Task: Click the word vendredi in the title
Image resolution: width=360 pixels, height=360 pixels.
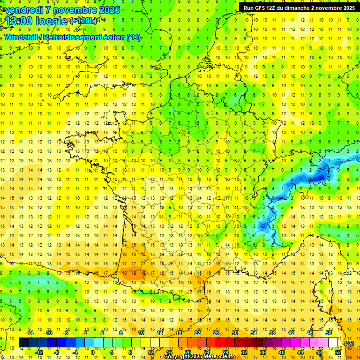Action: pos(23,10)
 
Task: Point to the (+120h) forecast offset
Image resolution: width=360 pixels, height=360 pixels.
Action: pos(83,21)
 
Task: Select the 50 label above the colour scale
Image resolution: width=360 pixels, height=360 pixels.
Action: pos(329,333)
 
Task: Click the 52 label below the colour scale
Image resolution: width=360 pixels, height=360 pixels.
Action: pos(338,352)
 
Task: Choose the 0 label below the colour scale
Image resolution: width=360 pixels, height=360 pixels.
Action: pos(93,352)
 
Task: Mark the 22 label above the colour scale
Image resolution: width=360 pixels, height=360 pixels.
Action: pos(197,333)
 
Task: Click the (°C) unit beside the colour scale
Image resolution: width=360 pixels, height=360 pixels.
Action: pos(349,343)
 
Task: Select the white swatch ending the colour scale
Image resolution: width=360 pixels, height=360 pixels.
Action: pos(333,343)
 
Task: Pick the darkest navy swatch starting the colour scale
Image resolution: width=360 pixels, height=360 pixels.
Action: pos(23,343)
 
